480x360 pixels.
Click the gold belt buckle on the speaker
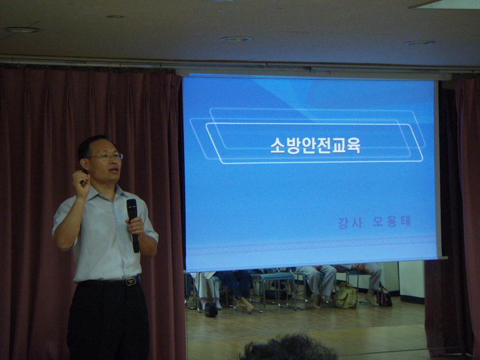131,281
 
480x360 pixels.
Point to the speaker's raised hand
81,184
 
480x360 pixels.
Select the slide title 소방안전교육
315,145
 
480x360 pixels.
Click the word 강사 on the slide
351,223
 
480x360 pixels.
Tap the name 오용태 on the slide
392,221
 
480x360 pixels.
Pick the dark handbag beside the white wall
384,296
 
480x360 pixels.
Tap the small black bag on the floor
211,309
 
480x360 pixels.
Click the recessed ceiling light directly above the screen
236,39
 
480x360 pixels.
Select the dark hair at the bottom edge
288,348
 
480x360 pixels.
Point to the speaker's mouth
115,170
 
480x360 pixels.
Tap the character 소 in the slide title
277,145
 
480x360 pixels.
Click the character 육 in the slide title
353,145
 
